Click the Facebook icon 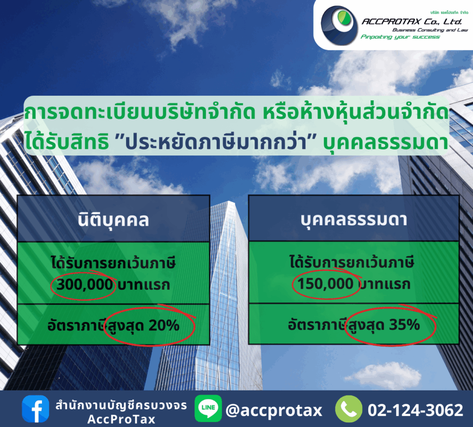[x=35, y=409]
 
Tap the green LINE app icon [x=208, y=408]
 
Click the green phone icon [x=349, y=409]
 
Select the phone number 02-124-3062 [x=415, y=410]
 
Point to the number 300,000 [x=85, y=285]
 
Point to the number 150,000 [x=325, y=284]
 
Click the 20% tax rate [x=164, y=326]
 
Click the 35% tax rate [x=405, y=325]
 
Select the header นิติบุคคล [x=114, y=220]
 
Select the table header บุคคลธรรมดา [x=354, y=220]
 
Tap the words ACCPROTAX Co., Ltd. [x=412, y=22]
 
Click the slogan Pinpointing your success [x=400, y=37]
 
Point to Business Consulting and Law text [x=430, y=30]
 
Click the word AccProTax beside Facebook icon [x=121, y=419]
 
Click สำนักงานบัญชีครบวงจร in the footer [x=121, y=406]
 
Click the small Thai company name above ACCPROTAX [x=449, y=12]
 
